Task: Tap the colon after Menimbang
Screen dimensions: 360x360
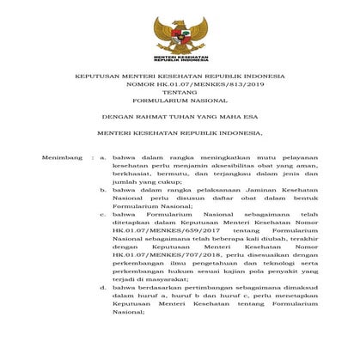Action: coord(92,159)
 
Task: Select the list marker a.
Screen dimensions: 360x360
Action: coord(102,159)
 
